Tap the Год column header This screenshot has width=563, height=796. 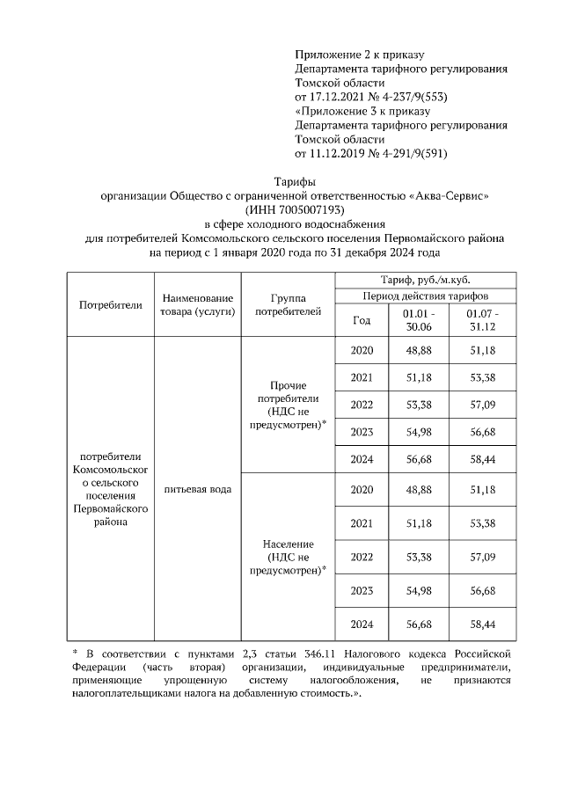pos(362,320)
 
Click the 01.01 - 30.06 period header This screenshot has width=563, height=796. pos(418,320)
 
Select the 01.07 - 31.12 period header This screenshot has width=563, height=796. pos(483,320)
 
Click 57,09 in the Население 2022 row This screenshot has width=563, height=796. pos(483,557)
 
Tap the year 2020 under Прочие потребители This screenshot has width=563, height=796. pos(362,351)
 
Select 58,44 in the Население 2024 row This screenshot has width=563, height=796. pos(483,624)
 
